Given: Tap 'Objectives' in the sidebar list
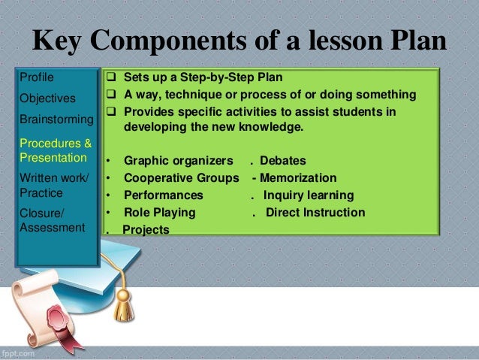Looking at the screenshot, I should tap(47, 98).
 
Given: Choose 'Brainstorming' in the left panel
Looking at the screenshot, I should tap(56, 119).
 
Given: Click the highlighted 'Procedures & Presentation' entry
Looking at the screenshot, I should tap(56, 150).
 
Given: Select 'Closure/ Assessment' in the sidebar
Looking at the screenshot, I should tap(52, 219).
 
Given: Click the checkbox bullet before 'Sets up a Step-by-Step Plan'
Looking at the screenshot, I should tap(110, 77).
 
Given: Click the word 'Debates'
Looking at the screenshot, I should tap(286, 161).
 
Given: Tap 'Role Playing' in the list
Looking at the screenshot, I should tap(159, 213).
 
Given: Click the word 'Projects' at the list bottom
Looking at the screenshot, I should tap(146, 230).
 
